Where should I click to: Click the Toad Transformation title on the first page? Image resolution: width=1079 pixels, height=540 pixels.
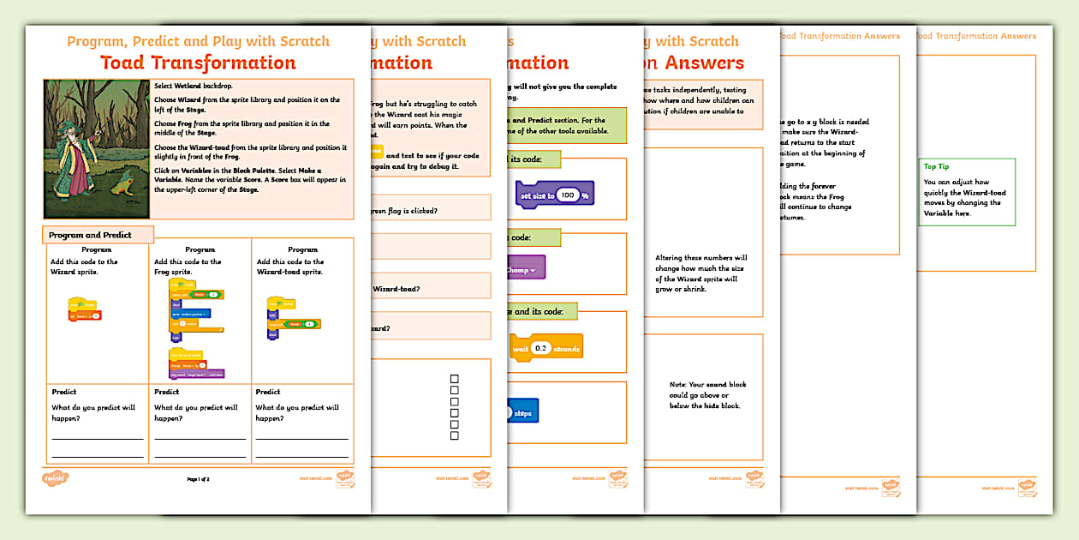(198, 63)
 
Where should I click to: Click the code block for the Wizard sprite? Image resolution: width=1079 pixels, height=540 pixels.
(83, 310)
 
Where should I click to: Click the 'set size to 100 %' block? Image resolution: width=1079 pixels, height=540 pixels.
(554, 195)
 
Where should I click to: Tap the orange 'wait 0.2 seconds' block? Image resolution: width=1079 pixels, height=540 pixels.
(545, 348)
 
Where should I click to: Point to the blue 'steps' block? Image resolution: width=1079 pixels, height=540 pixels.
(522, 412)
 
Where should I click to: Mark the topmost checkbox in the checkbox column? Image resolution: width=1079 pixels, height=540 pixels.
(455, 378)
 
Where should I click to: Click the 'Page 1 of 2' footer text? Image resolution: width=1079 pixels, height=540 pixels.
(198, 479)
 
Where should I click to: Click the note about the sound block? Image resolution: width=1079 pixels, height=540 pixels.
(705, 394)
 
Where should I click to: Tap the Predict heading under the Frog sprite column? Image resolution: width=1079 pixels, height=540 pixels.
(166, 392)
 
